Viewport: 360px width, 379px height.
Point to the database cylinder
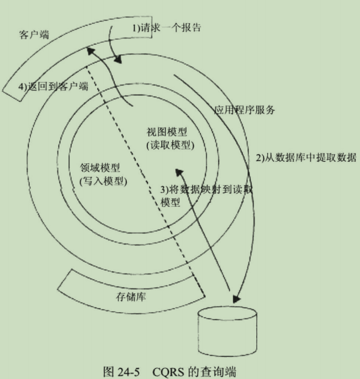coord(226,333)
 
